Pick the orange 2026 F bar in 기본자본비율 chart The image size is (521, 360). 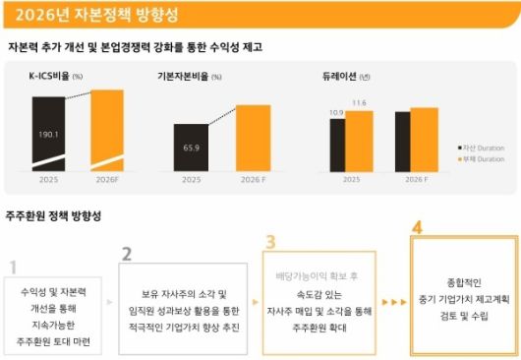253,138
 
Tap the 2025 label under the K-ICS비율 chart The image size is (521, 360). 48,180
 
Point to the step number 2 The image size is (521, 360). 126,254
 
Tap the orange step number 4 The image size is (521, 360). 418,227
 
